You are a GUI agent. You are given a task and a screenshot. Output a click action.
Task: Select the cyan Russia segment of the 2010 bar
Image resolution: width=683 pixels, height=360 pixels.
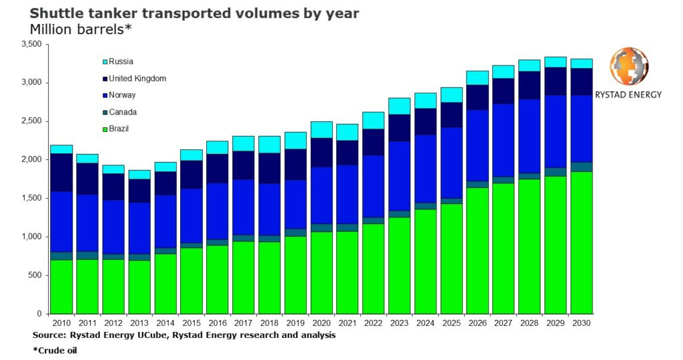61,149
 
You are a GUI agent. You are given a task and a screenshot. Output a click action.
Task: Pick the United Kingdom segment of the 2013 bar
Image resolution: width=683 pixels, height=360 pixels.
139,191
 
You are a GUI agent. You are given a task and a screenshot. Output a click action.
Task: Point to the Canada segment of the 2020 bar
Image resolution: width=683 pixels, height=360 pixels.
322,228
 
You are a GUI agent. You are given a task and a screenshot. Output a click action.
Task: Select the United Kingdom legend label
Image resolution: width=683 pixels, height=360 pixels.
137,79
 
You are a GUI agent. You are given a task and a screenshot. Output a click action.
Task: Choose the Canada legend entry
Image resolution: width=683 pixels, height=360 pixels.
123,112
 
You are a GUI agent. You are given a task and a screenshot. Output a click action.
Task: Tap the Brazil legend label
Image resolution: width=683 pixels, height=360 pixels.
121,128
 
